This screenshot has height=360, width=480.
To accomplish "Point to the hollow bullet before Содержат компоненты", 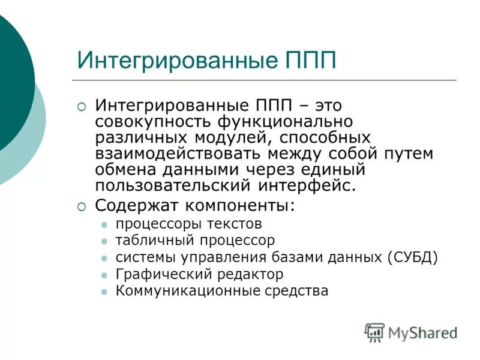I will pyautogui.click(x=82, y=206).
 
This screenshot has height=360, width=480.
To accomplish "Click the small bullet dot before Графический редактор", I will pyautogui.click(x=104, y=275).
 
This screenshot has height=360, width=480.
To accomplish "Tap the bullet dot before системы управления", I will pyautogui.click(x=104, y=258).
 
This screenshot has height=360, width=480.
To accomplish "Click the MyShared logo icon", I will pyautogui.click(x=374, y=332).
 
